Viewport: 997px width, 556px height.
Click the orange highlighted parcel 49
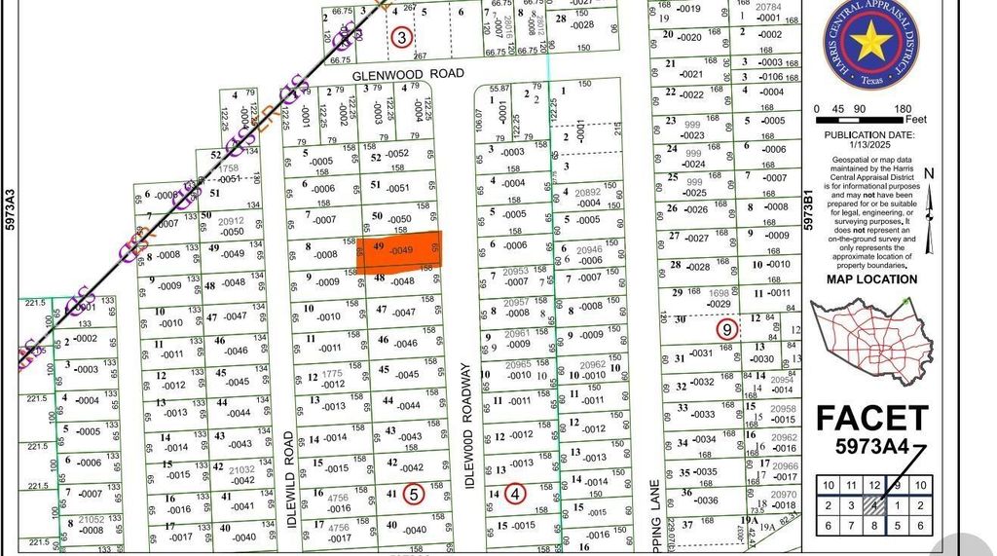click(x=399, y=249)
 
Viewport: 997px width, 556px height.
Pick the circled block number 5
click(x=414, y=494)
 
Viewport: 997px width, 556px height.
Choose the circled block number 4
click(x=516, y=494)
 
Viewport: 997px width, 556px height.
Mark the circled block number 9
click(x=726, y=330)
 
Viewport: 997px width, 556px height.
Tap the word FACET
click(x=872, y=418)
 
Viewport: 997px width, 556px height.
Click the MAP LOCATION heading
click(x=871, y=279)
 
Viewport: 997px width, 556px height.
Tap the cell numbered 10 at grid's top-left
click(x=828, y=485)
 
